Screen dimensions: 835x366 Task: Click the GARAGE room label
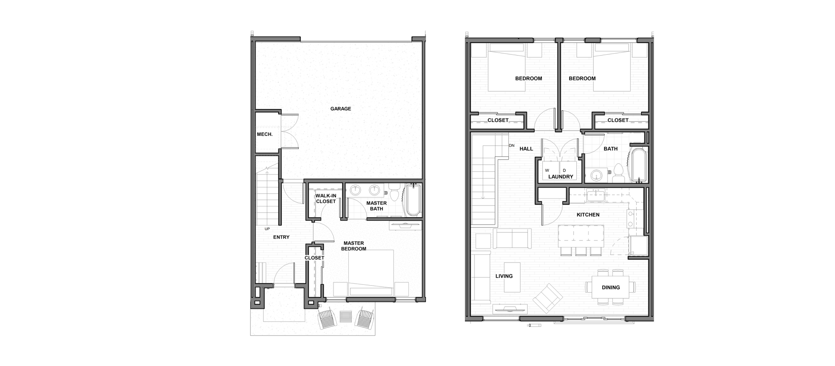(341, 109)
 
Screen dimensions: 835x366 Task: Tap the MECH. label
(264, 135)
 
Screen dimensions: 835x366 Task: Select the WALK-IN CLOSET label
(326, 198)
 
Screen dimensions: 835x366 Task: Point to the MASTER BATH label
(377, 206)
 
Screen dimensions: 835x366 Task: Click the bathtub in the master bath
(413, 200)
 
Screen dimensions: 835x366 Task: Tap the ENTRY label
(281, 237)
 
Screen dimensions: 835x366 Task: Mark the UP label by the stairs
(267, 229)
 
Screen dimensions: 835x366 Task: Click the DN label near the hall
(511, 145)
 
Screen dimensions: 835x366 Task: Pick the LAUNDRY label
(561, 177)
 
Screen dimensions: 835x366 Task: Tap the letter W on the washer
(547, 170)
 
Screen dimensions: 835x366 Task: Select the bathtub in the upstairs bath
(638, 165)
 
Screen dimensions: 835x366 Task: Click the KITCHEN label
(588, 215)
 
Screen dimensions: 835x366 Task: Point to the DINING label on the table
(611, 287)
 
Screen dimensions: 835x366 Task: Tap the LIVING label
(504, 276)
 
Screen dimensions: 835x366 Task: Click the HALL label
(526, 149)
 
